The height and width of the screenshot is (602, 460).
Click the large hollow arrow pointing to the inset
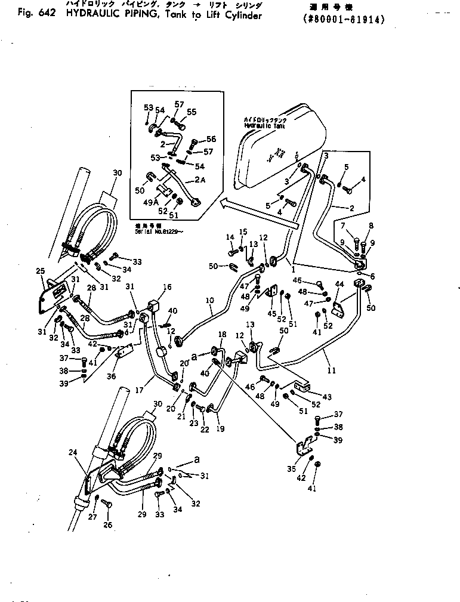tap(257, 214)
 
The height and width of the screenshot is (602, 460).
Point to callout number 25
tap(40, 271)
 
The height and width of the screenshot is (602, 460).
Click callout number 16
tap(168, 287)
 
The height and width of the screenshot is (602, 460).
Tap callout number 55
tap(192, 112)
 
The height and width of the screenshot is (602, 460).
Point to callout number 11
tap(332, 371)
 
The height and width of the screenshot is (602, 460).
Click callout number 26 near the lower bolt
tap(107, 525)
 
